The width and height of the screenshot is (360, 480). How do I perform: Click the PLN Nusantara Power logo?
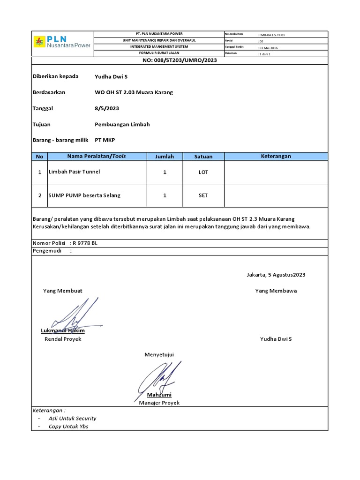62,42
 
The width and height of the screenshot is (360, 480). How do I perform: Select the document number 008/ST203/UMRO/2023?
180,60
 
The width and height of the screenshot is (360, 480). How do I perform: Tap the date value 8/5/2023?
107,108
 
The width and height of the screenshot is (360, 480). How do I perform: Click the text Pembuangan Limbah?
122,124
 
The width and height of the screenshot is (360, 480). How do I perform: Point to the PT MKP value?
105,140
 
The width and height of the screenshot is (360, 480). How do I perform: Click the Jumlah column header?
165,157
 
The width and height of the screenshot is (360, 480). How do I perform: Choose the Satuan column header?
203,157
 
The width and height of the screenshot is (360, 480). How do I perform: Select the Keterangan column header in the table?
276,156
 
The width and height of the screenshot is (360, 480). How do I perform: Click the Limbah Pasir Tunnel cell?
75,172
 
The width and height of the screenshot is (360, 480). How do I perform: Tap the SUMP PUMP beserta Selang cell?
84,195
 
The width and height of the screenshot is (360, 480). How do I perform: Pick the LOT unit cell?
203,172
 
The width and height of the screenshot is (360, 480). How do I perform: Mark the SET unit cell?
203,195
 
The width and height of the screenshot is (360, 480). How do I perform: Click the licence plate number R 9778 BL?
85,243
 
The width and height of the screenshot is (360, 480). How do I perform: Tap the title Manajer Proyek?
159,403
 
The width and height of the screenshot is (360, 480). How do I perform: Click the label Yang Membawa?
276,291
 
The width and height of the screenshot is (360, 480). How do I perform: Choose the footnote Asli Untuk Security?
73,418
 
